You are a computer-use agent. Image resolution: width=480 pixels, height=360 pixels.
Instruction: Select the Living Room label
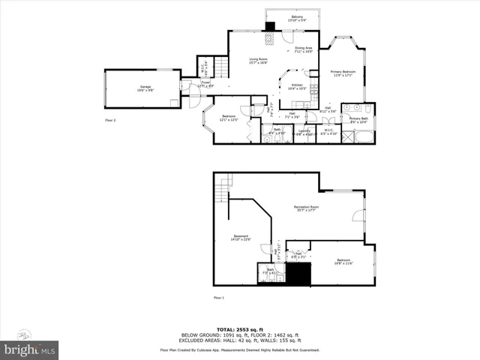point(259,61)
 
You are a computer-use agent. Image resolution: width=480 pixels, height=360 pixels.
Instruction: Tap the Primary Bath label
point(358,119)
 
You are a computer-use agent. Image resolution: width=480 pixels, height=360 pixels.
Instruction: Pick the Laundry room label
point(283,132)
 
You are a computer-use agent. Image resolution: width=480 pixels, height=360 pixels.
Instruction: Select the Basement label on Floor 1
point(241,238)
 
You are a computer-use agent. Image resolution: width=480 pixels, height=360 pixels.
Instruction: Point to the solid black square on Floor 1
point(300,275)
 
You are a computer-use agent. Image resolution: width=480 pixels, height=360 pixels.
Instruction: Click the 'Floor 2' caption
point(110,119)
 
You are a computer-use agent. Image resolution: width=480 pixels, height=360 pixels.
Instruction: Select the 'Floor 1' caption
point(219,298)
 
